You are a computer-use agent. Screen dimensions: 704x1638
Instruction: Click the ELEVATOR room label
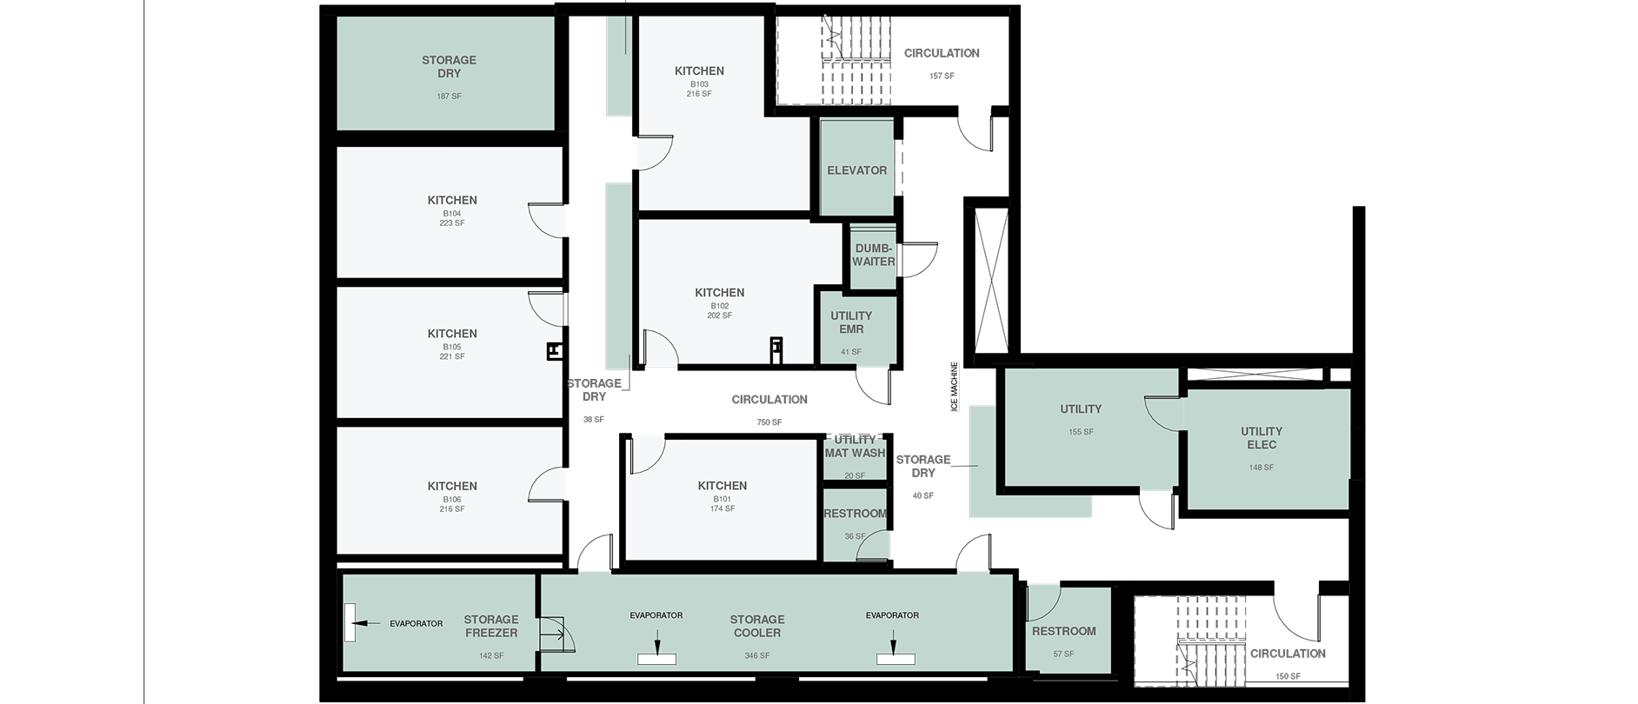click(856, 170)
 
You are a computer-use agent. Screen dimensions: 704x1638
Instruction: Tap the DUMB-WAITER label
click(874, 255)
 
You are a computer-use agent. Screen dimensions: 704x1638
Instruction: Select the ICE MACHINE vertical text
click(954, 386)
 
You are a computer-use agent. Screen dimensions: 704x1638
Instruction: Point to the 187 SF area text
click(449, 96)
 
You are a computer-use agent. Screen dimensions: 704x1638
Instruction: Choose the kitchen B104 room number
click(452, 214)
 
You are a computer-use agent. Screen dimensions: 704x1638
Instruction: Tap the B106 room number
click(452, 500)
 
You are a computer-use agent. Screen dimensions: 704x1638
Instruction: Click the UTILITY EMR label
click(851, 322)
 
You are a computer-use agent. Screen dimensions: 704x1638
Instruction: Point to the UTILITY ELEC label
click(1262, 438)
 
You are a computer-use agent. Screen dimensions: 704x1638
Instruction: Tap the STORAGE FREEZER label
click(491, 627)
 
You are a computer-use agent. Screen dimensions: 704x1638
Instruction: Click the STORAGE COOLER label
click(757, 627)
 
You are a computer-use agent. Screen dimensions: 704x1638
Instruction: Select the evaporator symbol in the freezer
click(350, 622)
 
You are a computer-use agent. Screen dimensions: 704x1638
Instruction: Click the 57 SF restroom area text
click(1063, 654)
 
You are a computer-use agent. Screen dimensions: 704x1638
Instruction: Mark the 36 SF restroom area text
click(855, 536)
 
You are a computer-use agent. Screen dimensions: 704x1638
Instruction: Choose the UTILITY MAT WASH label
click(855, 447)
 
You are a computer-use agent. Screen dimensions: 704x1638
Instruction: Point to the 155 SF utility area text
click(1081, 432)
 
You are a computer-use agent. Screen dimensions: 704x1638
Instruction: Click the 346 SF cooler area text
click(757, 655)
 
